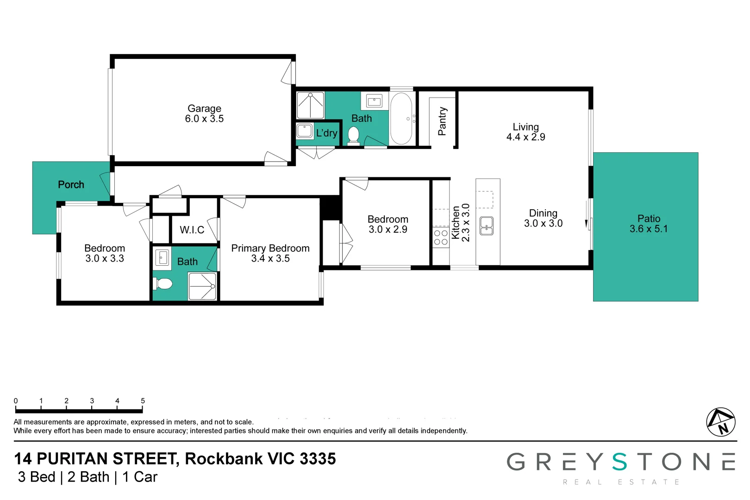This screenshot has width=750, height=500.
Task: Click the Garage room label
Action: pyautogui.click(x=204, y=108)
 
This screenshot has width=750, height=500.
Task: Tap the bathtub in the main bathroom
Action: pyautogui.click(x=401, y=119)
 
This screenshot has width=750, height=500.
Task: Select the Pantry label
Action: pyautogui.click(x=442, y=121)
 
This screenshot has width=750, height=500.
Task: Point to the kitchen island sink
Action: pyautogui.click(x=486, y=226)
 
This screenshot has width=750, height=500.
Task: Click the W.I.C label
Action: pyautogui.click(x=192, y=230)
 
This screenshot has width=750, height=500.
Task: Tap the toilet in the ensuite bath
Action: pyautogui.click(x=162, y=284)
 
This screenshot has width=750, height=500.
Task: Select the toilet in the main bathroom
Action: pyautogui.click(x=353, y=136)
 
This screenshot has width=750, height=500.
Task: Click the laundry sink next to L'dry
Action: pyautogui.click(x=304, y=131)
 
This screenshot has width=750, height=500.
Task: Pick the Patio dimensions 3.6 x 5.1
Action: pyautogui.click(x=649, y=229)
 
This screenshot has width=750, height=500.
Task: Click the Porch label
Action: pyautogui.click(x=71, y=185)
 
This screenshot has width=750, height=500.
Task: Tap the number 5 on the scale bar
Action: pyautogui.click(x=143, y=401)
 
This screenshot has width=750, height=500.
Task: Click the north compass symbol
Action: pyautogui.click(x=720, y=422)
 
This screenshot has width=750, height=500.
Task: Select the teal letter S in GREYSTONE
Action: pyautogui.click(x=619, y=462)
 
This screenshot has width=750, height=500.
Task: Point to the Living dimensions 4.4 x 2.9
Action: pyautogui.click(x=525, y=137)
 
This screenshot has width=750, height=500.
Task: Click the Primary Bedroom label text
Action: pyautogui.click(x=270, y=248)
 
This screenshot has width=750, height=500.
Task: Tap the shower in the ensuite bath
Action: pyautogui.click(x=202, y=286)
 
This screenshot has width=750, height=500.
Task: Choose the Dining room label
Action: pyautogui.click(x=543, y=213)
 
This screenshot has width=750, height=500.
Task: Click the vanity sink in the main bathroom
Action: pyautogui.click(x=374, y=101)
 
